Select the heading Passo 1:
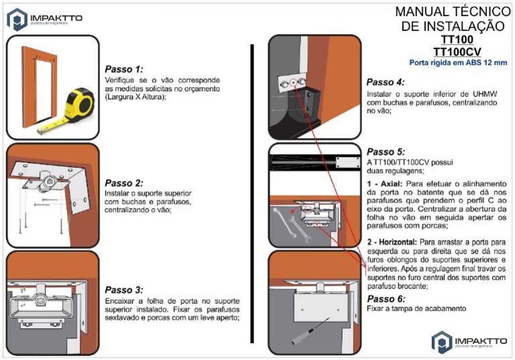[x=124, y=68]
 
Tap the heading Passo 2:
[x=124, y=182]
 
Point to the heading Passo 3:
[x=124, y=290]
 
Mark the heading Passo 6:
[x=386, y=298]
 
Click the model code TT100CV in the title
[x=458, y=51]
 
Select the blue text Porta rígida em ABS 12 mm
[x=458, y=62]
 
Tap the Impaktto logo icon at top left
[x=17, y=19]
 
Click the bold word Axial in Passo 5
[x=388, y=183]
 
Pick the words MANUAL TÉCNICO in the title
[x=453, y=11]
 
